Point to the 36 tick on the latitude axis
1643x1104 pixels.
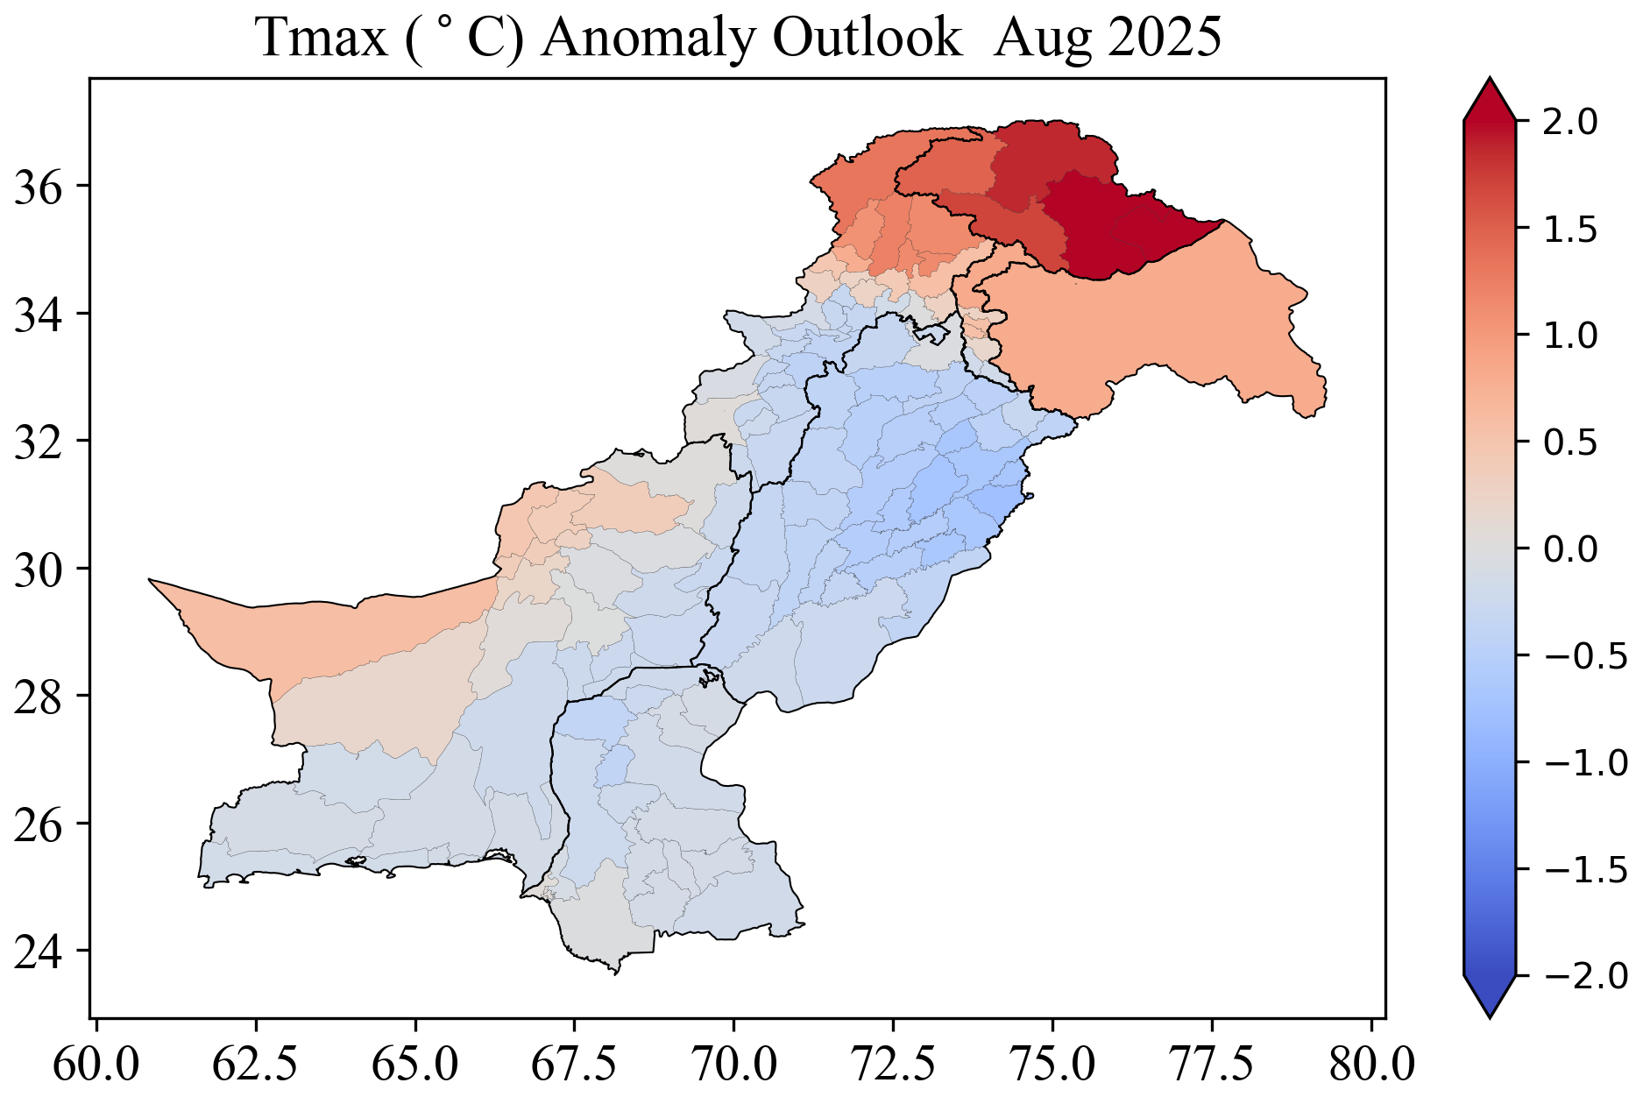pyautogui.click(x=39, y=187)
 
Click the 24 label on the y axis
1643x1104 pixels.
pyautogui.click(x=39, y=952)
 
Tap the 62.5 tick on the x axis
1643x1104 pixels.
pyautogui.click(x=256, y=1065)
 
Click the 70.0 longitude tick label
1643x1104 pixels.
pyautogui.click(x=734, y=1065)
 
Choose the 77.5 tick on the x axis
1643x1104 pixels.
pyautogui.click(x=1213, y=1065)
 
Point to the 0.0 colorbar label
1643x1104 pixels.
pyautogui.click(x=1569, y=549)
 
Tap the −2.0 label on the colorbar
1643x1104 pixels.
pyautogui.click(x=1582, y=975)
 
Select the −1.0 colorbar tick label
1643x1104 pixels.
pyautogui.click(x=1582, y=762)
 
